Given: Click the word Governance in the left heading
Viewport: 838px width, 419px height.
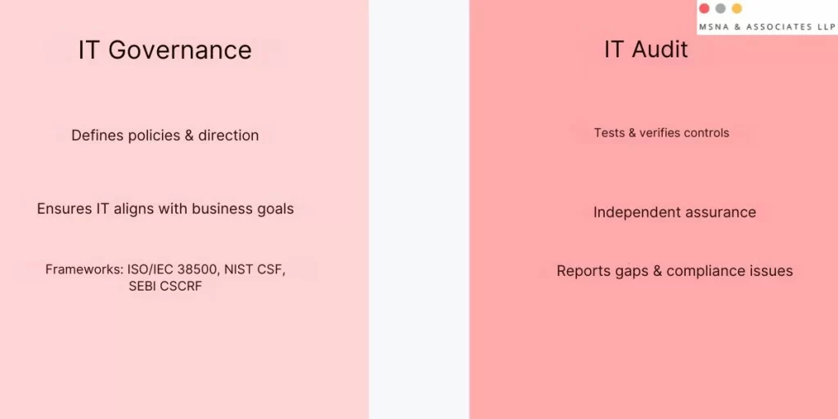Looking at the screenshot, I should (x=180, y=50).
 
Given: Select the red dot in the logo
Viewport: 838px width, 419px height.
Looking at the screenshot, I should (x=704, y=8).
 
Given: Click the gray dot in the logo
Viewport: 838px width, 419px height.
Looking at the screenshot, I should (x=720, y=8).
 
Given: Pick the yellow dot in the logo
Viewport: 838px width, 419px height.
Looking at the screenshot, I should (x=737, y=8).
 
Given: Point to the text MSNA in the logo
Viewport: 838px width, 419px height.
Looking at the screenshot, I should (x=714, y=27).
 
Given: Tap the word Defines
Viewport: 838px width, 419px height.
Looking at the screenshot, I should (x=97, y=136).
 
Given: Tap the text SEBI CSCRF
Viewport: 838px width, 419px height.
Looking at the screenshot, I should (x=165, y=286).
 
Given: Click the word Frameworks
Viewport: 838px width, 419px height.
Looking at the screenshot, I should (x=83, y=269).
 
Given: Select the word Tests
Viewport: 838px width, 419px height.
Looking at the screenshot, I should (x=610, y=133).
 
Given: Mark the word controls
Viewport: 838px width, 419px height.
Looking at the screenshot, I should (x=705, y=133).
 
